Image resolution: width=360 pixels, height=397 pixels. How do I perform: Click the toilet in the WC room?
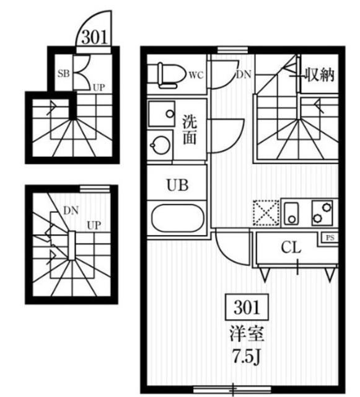[170, 75]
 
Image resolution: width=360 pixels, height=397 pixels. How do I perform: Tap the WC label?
[196, 75]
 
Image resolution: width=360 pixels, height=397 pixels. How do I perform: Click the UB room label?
[178, 185]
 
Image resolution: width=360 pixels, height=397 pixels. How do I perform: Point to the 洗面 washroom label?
[190, 130]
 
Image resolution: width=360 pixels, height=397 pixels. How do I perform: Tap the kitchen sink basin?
[292, 213]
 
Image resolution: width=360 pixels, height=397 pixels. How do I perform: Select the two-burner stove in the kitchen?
[322, 213]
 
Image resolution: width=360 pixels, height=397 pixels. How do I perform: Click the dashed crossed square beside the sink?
[266, 213]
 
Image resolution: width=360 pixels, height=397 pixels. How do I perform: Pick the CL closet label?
[291, 248]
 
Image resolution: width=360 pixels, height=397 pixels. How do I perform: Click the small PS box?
[330, 238]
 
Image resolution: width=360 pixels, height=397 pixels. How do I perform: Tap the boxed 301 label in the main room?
[247, 307]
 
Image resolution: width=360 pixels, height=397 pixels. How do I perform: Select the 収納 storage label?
[320, 74]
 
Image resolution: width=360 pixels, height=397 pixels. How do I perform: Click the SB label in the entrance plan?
[63, 73]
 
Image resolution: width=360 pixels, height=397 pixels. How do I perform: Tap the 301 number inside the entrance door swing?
[95, 37]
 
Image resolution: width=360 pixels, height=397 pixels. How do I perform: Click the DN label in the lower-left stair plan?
[71, 210]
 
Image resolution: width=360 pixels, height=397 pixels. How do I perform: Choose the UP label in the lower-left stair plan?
[94, 225]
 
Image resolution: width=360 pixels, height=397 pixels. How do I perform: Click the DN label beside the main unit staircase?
[244, 74]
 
